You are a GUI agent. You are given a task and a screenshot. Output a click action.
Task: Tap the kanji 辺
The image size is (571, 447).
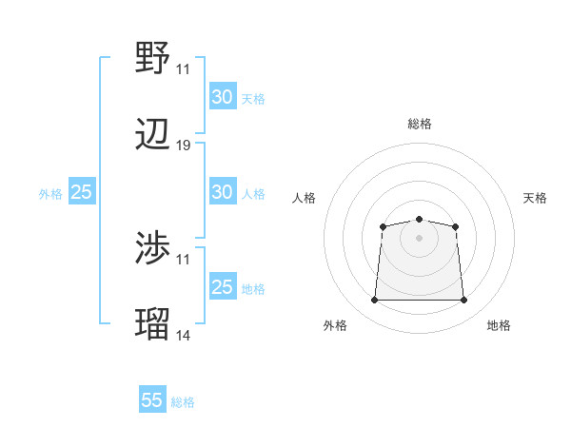153,136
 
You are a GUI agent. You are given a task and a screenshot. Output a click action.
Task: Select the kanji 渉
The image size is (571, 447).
153,249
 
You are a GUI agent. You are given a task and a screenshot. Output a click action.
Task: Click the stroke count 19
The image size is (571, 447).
184,146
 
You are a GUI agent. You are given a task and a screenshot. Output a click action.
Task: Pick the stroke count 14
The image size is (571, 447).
184,335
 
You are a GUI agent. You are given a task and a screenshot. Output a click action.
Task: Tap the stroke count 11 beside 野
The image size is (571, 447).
184,68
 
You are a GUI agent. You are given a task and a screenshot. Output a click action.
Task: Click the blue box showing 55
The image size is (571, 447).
152,400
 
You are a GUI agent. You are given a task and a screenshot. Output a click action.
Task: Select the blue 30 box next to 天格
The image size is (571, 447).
222,97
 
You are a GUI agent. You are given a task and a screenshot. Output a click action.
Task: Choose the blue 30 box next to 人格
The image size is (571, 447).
222,192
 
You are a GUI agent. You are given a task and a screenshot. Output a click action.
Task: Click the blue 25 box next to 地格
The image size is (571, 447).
222,287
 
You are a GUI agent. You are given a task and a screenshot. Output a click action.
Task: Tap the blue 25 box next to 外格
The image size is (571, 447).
82,192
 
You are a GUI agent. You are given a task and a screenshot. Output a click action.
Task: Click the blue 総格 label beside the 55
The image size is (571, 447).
183,402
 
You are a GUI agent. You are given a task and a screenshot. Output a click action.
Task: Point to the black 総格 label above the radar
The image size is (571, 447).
420,124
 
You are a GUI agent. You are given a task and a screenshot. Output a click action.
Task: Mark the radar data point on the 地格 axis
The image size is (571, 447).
463,301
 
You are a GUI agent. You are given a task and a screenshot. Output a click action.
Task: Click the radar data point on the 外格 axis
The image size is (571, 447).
374,301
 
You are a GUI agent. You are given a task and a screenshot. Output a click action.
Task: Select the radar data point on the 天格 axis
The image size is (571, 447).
456,226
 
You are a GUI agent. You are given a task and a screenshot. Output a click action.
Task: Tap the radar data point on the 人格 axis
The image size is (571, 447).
383,226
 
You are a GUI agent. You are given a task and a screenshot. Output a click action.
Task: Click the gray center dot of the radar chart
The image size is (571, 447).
420,238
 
